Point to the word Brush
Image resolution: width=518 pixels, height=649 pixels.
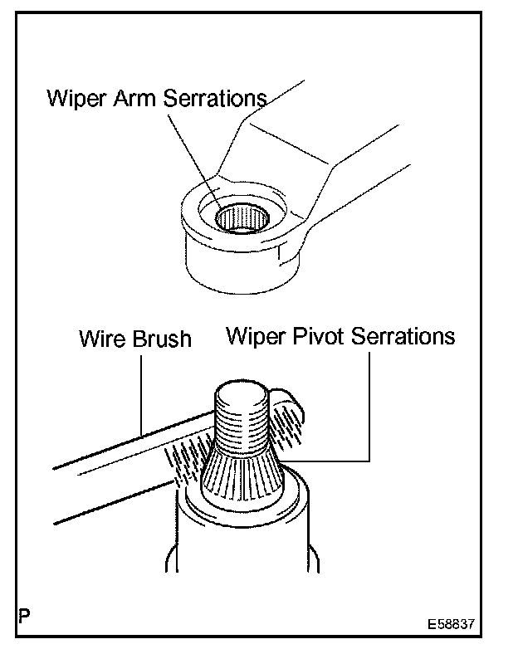164,339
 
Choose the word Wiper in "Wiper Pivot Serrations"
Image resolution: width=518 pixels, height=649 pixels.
252,336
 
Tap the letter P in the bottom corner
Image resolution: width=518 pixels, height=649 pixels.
24,618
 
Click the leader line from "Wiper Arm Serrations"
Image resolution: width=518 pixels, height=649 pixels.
195,158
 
